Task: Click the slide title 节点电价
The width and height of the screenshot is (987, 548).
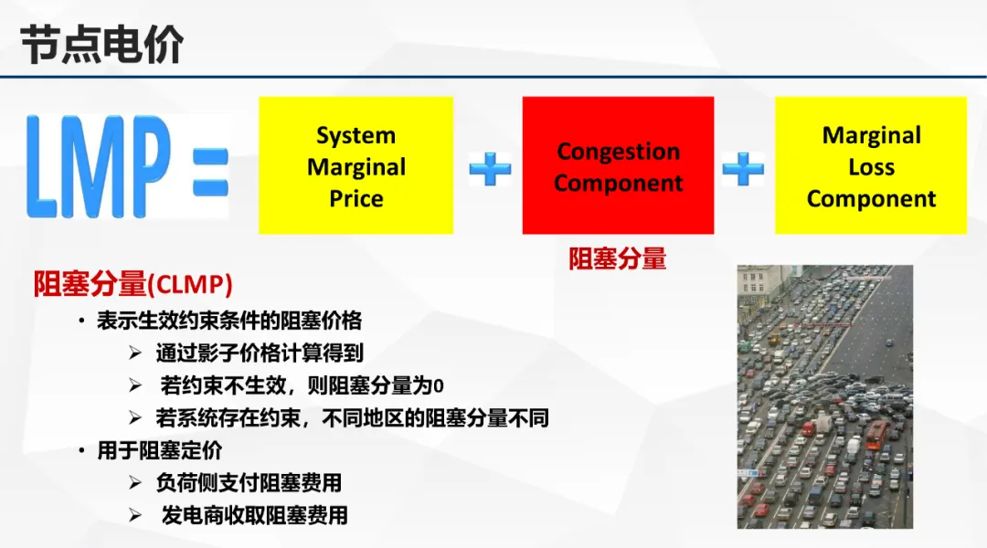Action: (102, 45)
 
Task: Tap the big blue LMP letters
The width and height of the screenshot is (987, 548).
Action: (98, 167)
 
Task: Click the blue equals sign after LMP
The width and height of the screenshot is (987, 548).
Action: (211, 171)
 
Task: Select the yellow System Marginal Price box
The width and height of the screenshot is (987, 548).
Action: (356, 165)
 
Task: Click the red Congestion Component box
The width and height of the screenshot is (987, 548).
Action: (618, 165)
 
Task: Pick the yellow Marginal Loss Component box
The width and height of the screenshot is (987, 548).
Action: (871, 165)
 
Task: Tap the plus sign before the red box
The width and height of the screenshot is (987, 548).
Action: (490, 169)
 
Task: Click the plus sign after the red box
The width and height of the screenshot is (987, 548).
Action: (743, 169)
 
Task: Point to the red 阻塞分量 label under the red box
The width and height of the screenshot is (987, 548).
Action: (618, 258)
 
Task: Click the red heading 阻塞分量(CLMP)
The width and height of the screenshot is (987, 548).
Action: (133, 284)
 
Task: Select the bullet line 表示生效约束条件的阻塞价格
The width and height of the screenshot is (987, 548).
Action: (229, 321)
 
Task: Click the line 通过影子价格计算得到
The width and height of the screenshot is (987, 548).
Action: (260, 353)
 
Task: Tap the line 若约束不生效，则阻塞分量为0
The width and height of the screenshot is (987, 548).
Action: (302, 385)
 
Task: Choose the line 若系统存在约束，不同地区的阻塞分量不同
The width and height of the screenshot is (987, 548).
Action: (353, 417)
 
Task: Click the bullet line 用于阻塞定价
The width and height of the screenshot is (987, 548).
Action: (160, 450)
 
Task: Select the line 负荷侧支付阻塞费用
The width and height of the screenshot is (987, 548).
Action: (249, 483)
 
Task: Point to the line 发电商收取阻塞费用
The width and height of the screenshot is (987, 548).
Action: (254, 516)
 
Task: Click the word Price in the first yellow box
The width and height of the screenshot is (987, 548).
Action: (356, 199)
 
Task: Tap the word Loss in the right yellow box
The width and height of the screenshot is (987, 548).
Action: (871, 167)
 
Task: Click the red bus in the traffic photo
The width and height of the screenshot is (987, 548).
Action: (877, 434)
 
